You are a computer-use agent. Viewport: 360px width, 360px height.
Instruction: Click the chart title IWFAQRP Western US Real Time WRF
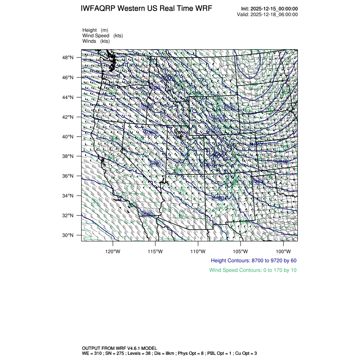[146, 9]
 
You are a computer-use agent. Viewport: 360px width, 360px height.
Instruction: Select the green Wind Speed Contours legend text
[253, 270]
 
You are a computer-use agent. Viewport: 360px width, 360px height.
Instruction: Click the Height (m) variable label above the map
[95, 30]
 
